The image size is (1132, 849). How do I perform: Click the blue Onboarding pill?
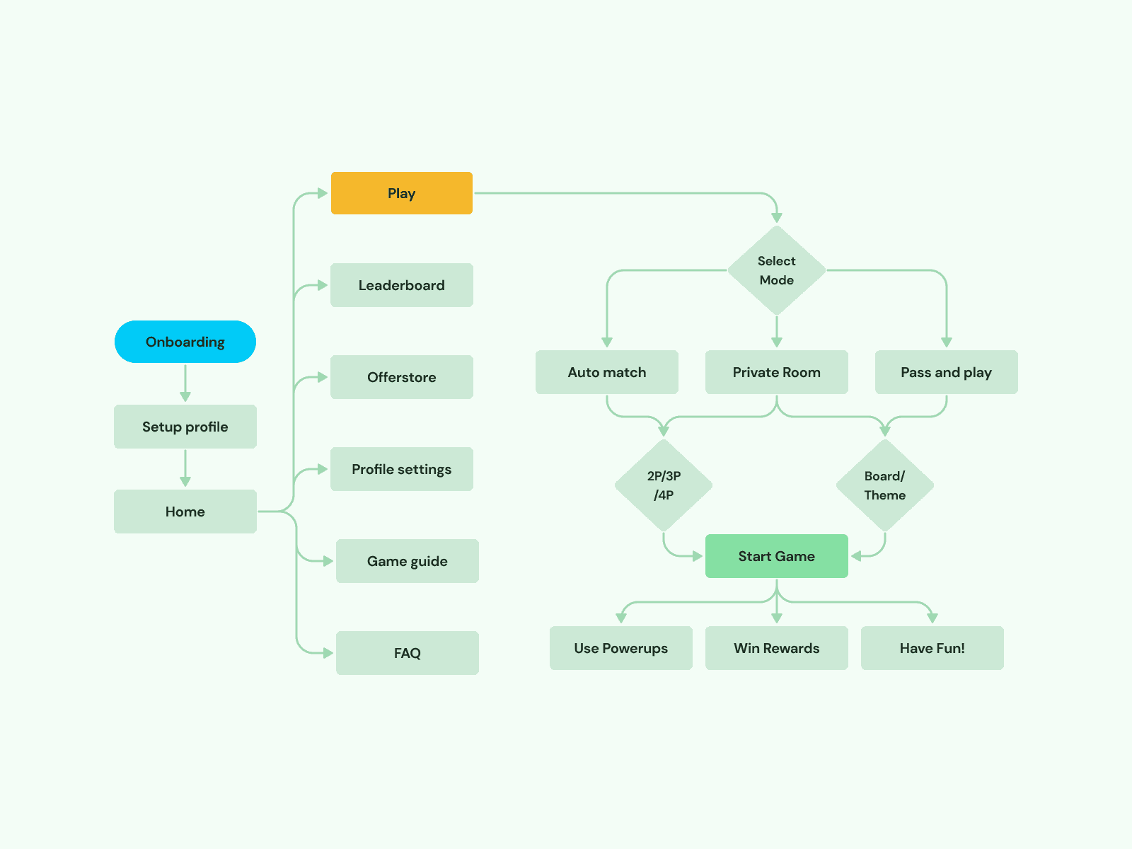tap(185, 342)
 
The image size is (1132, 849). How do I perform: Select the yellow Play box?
tap(401, 193)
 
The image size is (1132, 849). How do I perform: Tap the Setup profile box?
tap(185, 427)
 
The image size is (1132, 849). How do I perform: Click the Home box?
tap(185, 512)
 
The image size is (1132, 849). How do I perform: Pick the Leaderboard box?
tap(401, 285)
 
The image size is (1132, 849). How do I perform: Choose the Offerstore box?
tap(401, 377)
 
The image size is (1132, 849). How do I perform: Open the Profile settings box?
tap(401, 469)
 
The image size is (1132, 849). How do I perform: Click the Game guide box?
tap(407, 561)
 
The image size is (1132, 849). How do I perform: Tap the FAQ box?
tap(407, 653)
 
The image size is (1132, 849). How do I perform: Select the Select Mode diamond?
tap(776, 270)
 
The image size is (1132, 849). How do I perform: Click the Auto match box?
tap(606, 372)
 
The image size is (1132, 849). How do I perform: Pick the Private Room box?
tap(776, 372)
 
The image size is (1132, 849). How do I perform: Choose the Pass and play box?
tap(946, 372)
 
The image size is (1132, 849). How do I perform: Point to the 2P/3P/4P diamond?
tap(663, 485)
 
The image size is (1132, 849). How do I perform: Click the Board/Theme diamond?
tap(884, 485)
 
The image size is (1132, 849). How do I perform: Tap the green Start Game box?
tap(776, 556)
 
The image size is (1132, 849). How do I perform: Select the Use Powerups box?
tap(620, 648)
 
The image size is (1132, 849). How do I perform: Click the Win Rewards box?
tap(776, 648)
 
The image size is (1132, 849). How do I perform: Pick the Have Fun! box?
tap(932, 648)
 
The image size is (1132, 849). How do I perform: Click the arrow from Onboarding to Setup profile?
tap(185, 383)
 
